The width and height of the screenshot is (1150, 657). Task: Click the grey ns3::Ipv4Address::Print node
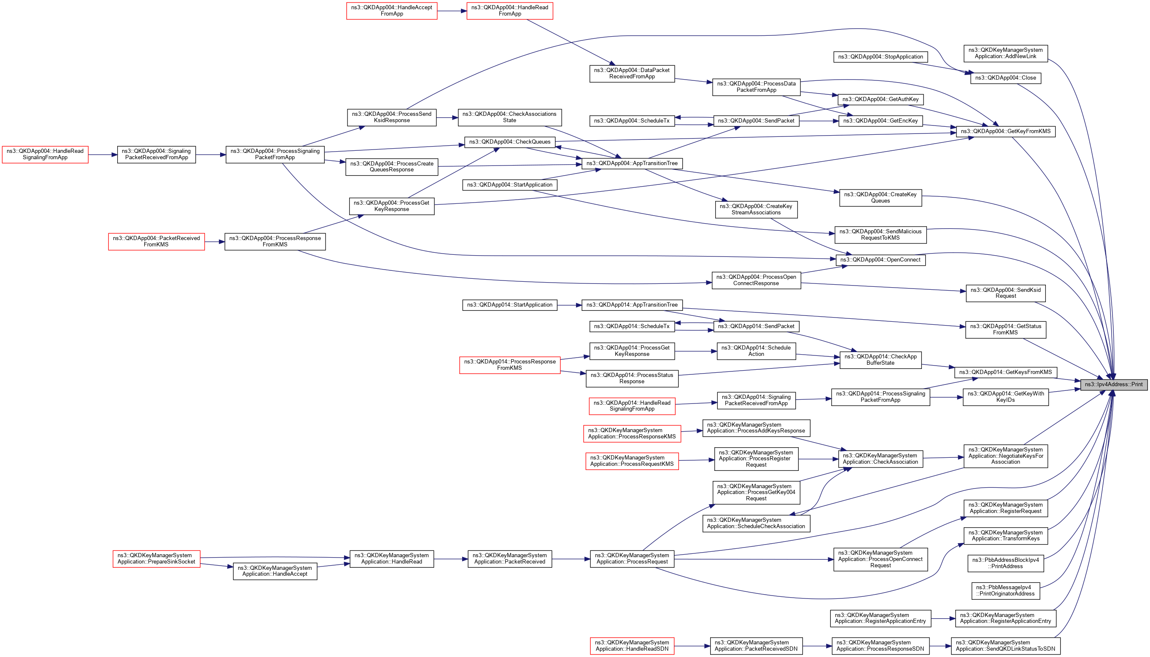[1113, 385]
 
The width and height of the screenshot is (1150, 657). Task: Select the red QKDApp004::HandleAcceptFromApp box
[392, 11]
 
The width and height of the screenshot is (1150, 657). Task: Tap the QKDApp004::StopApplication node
[881, 57]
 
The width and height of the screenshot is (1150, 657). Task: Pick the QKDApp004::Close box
[1005, 78]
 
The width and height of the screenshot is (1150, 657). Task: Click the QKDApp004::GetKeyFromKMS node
[1005, 131]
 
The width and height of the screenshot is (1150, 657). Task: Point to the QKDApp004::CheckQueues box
[509, 142]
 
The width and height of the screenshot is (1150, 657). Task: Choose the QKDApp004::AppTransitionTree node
[631, 163]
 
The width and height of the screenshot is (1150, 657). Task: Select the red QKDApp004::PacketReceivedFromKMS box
[156, 241]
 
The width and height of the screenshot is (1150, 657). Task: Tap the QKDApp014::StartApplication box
[509, 305]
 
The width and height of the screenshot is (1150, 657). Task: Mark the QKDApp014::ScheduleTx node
[631, 326]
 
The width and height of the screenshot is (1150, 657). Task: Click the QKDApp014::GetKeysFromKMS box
[1005, 372]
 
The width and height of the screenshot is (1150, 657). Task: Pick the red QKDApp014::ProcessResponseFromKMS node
[509, 365]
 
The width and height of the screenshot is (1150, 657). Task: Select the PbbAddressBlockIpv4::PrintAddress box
[1005, 563]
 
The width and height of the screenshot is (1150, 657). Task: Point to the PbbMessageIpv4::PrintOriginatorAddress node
[1005, 590]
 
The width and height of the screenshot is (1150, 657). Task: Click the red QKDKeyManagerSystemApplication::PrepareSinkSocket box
[156, 558]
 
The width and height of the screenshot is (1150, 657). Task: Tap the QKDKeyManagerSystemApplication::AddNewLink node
[1005, 53]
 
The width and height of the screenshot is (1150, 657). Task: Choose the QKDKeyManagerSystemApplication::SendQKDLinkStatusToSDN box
[1005, 646]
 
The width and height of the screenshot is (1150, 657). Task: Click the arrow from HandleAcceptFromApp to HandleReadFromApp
[452, 11]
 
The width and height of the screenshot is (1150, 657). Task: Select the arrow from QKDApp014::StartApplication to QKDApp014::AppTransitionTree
[569, 305]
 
